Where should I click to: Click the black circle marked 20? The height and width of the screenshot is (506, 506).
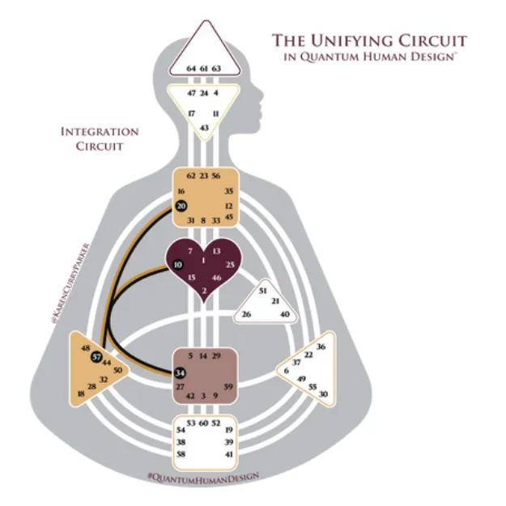tap(181, 206)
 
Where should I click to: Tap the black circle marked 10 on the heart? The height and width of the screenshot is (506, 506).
tap(177, 264)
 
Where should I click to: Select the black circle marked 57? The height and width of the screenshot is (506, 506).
tap(96, 357)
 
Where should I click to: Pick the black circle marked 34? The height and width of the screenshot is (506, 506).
tap(179, 372)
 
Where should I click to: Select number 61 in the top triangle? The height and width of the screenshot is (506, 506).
tap(204, 69)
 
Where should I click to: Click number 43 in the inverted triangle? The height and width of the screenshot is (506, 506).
tap(204, 128)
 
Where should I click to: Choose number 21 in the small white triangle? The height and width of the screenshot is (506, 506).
tap(275, 301)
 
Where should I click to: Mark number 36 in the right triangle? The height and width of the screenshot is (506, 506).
tap(321, 347)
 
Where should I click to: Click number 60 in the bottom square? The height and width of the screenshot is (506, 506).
tap(204, 423)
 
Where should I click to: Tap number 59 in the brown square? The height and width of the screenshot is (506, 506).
tap(228, 387)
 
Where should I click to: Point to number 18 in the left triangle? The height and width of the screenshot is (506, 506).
tap(81, 393)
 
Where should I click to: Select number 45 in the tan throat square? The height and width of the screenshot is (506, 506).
tap(228, 216)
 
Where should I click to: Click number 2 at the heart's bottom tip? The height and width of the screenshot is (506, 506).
tap(204, 291)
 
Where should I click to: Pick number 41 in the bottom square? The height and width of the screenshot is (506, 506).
tap(228, 456)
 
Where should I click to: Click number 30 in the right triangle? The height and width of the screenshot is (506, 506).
tap(324, 393)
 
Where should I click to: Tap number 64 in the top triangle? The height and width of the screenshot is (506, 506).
tap(191, 69)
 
